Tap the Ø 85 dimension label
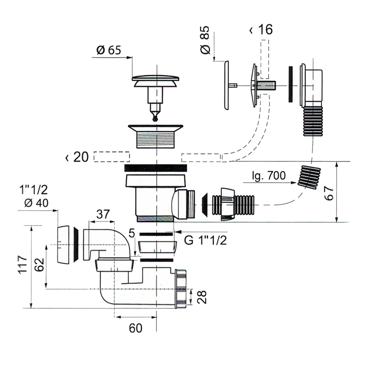tap(206, 40)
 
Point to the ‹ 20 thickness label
tap(77, 157)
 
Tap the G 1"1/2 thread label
tap(206, 240)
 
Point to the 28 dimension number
tap(202, 297)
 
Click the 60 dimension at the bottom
tap(135, 328)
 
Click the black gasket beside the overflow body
tap(290, 84)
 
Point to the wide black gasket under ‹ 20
tap(156, 168)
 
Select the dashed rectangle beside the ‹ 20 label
tap(112, 157)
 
